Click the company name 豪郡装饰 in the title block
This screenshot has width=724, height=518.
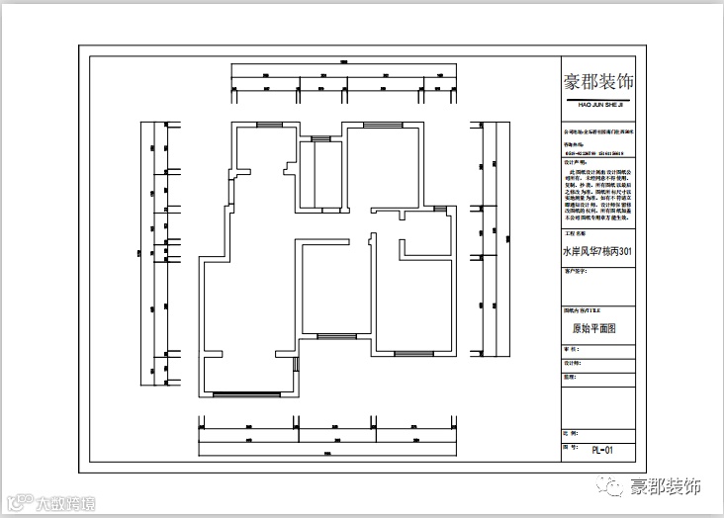597,81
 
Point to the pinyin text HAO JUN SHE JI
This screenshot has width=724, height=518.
597,103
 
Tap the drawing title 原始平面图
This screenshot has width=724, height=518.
594,328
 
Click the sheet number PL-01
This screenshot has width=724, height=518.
602,450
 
